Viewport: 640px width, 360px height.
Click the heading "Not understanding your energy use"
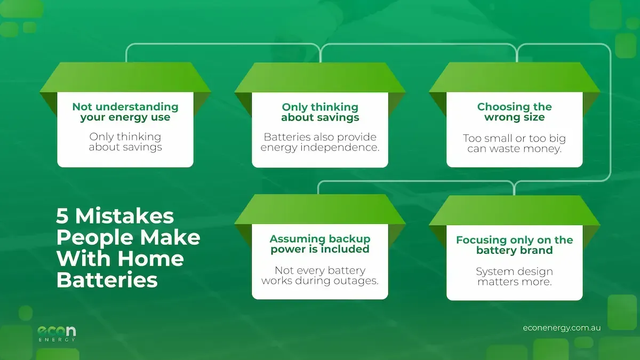[125, 112]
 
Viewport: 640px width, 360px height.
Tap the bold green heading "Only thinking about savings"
[320, 112]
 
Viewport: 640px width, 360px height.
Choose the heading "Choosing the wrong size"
[514, 112]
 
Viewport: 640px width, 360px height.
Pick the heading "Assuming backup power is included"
[320, 244]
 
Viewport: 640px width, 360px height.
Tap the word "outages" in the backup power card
[357, 281]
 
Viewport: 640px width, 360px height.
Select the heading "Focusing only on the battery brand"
[514, 245]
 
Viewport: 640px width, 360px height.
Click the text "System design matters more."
[514, 276]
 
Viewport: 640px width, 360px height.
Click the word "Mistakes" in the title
[125, 216]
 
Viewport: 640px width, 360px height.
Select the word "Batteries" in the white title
[107, 280]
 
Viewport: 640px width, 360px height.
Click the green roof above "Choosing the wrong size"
[514, 77]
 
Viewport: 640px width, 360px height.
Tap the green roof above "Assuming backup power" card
[320, 209]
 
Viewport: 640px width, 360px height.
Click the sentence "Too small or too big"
[514, 139]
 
